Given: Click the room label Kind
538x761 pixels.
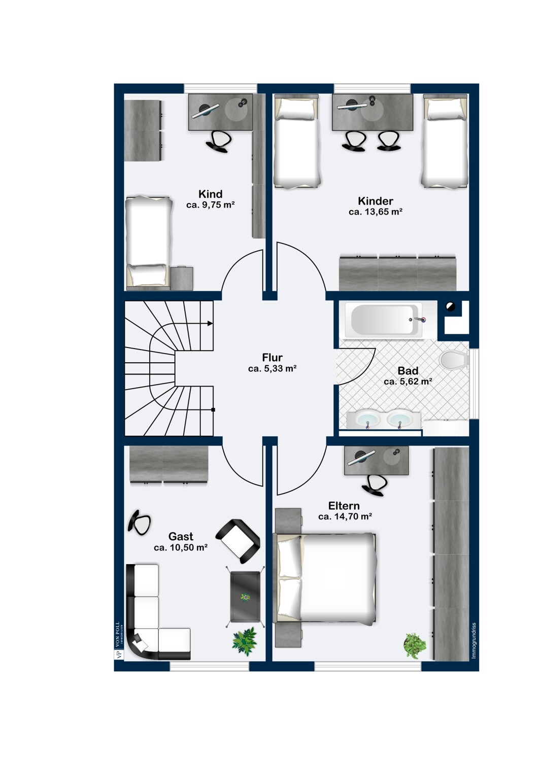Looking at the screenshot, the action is pos(210,194).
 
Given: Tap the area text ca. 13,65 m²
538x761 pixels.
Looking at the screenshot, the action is pos(376,212).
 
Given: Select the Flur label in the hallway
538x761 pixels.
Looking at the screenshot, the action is pos(272,357).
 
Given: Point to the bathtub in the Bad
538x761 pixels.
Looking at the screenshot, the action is pos(386,320).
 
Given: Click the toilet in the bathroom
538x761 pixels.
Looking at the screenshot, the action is pos(454,359).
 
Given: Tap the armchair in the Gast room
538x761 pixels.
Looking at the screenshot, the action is pos(238,540).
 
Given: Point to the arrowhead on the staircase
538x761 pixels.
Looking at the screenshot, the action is pos(210,324).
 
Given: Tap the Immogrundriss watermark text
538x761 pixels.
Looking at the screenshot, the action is pos(474,640).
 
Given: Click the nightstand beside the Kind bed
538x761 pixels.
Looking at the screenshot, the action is pos(182,278).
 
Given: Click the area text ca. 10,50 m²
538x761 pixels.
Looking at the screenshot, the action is pos(181,547).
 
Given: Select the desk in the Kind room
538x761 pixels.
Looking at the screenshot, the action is pos(221,112).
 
